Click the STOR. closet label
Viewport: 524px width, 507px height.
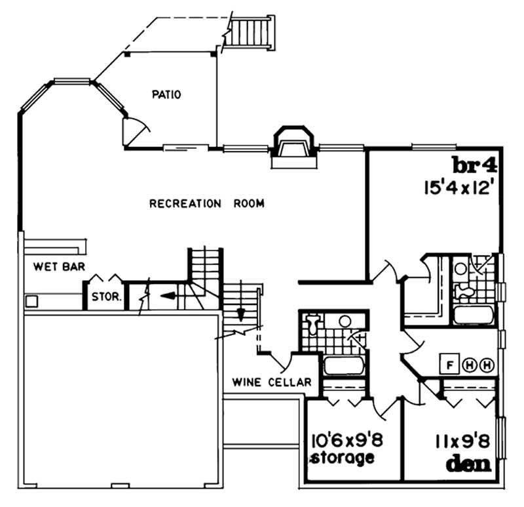point(106,296)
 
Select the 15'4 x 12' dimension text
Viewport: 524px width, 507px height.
point(457,186)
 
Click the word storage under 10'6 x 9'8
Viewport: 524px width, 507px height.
point(343,457)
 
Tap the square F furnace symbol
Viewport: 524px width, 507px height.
point(451,365)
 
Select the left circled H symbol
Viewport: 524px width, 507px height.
point(470,365)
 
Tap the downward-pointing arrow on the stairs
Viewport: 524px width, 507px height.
point(240,313)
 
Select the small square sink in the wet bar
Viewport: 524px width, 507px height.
point(30,302)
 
